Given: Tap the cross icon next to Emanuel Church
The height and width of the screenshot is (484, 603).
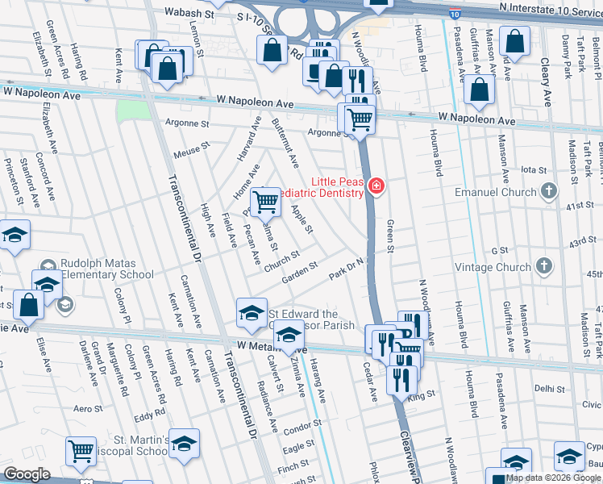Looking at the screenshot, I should (549, 192).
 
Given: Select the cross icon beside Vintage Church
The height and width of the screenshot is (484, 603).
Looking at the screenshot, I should (544, 266).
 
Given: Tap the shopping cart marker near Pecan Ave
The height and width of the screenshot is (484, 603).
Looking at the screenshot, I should (265, 201).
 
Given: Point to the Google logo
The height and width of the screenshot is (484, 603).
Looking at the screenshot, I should (27, 474).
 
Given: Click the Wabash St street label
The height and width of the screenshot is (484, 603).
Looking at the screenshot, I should (191, 14).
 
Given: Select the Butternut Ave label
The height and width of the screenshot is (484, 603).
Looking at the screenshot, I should (285, 141).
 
